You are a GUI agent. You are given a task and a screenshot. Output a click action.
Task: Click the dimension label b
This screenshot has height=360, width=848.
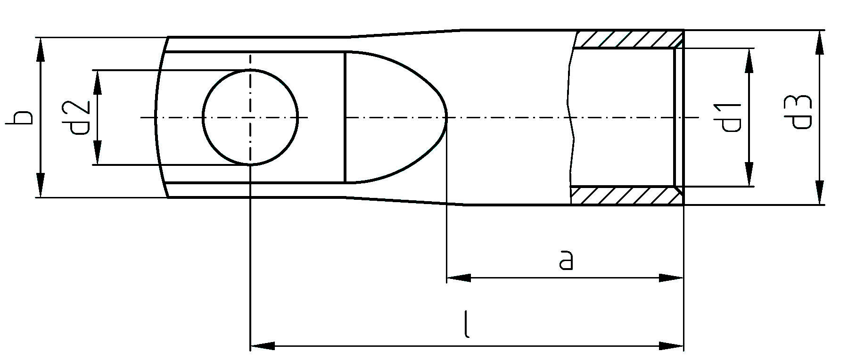point(20,116)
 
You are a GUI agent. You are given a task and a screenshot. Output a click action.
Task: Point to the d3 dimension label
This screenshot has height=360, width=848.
point(801,112)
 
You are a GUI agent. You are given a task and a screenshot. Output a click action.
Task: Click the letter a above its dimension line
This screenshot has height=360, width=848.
point(566,260)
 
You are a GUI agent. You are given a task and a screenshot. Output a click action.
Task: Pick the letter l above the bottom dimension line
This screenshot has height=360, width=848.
point(466,324)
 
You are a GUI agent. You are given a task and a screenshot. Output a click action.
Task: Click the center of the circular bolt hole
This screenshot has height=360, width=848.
point(250,117)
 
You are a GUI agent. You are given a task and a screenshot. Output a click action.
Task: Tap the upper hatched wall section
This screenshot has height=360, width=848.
point(628,39)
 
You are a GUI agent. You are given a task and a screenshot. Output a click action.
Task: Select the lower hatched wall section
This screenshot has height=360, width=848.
point(626,196)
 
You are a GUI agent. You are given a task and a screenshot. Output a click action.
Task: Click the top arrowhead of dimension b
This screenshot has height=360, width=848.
point(41,49)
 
